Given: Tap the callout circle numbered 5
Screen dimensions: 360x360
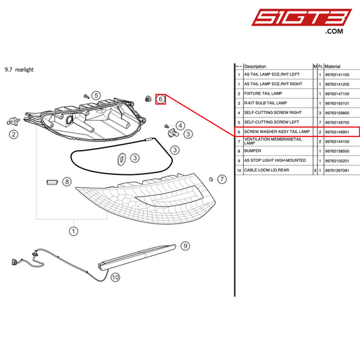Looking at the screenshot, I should click(96, 96).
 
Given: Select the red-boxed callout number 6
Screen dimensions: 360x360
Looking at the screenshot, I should click(161, 99).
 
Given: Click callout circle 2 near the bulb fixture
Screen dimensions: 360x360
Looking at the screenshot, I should click(13, 134).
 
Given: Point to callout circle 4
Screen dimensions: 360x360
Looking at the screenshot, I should click(180, 126).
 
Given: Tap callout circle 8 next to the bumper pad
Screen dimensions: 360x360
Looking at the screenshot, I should click(66, 181).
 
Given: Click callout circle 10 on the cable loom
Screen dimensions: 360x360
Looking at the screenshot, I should click(115, 276).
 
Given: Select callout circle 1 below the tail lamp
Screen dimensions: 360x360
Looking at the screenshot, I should click(72, 231).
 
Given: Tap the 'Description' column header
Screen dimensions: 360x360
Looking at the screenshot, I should click(255, 66).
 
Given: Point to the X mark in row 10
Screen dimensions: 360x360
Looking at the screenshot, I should click(315, 171).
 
